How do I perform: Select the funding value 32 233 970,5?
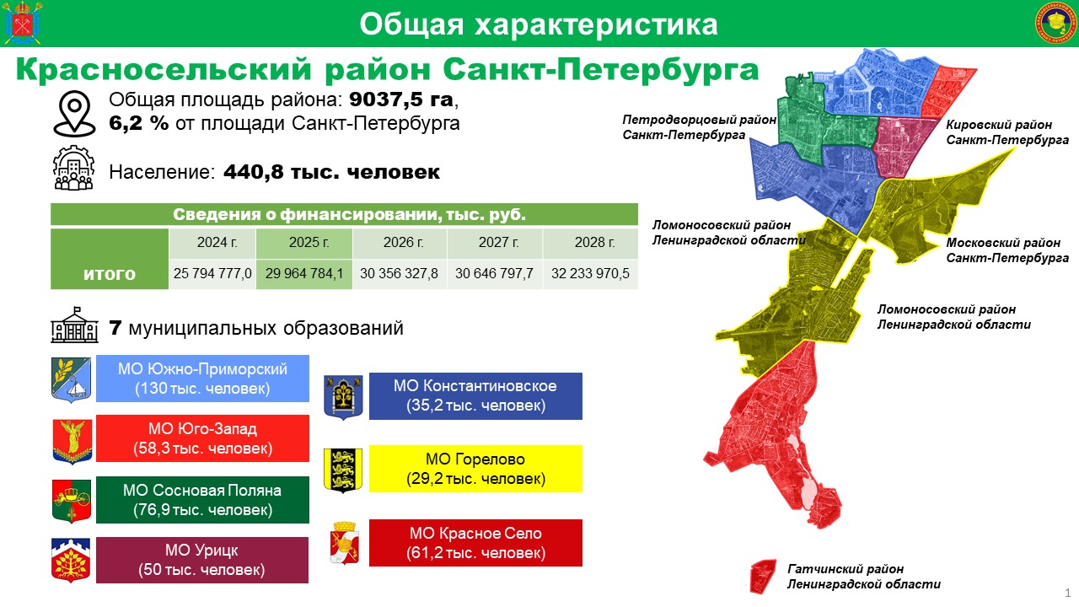590,274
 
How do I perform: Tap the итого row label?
110,274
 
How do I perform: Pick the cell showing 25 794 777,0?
212,274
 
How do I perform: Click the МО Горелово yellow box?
475,469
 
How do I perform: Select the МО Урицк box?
202,561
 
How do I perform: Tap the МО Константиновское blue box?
475,396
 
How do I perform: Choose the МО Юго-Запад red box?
202,438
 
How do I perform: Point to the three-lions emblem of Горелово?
343,470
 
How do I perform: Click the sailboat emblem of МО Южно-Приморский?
72,379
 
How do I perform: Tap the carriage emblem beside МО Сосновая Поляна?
72,501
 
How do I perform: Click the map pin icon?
75,114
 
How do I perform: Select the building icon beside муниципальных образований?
75,325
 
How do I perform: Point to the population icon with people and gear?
73,168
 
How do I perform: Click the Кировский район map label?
1007,132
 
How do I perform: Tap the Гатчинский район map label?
864,577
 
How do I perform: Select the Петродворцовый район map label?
700,127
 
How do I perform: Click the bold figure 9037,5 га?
401,99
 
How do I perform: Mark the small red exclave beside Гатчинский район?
764,576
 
